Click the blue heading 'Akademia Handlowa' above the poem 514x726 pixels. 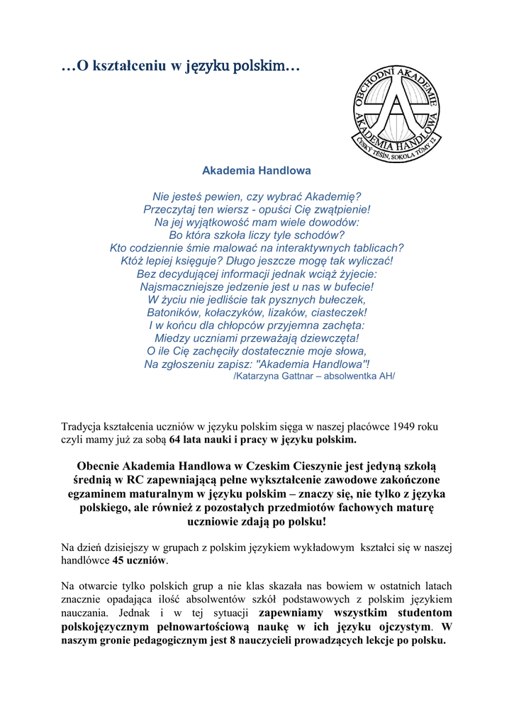pyautogui.click(x=257, y=171)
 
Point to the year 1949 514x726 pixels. pyautogui.click(x=404, y=427)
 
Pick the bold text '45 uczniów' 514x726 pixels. pyautogui.click(x=139, y=560)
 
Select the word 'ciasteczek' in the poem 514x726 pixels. pyautogui.click(x=338, y=312)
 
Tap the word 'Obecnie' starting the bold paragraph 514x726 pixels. pyautogui.click(x=98, y=467)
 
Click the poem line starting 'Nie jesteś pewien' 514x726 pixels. pyautogui.click(x=257, y=196)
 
